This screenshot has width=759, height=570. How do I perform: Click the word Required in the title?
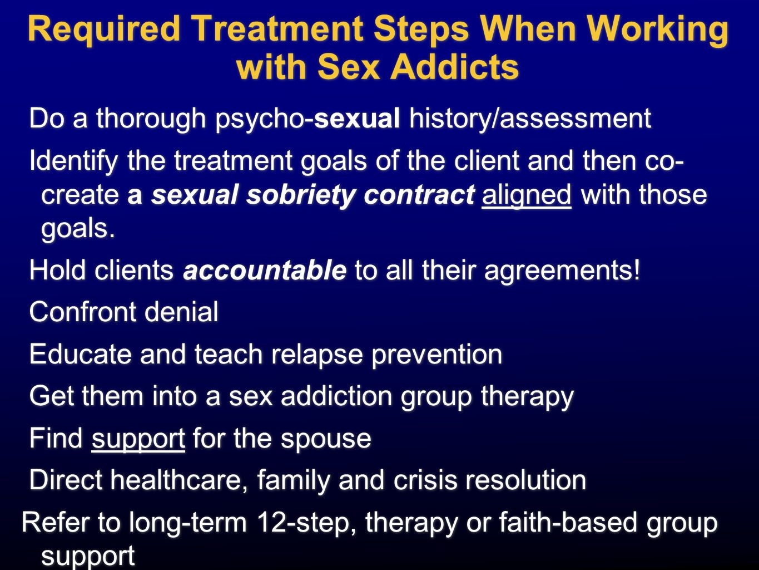click(104, 30)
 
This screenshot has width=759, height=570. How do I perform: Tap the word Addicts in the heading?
click(455, 66)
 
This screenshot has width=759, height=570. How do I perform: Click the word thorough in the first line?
click(151, 119)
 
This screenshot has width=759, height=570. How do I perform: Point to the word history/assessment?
click(530, 119)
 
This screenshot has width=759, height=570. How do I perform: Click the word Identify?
click(73, 161)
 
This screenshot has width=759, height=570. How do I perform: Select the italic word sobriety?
click(301, 195)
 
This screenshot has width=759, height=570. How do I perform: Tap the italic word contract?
click(419, 195)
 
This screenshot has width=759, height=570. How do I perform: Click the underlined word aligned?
click(526, 195)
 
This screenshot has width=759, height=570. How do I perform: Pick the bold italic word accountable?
click(265, 271)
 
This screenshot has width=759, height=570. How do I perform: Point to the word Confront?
click(82, 312)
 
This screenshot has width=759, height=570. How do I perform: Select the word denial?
click(181, 312)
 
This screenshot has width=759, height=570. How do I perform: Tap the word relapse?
click(317, 355)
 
